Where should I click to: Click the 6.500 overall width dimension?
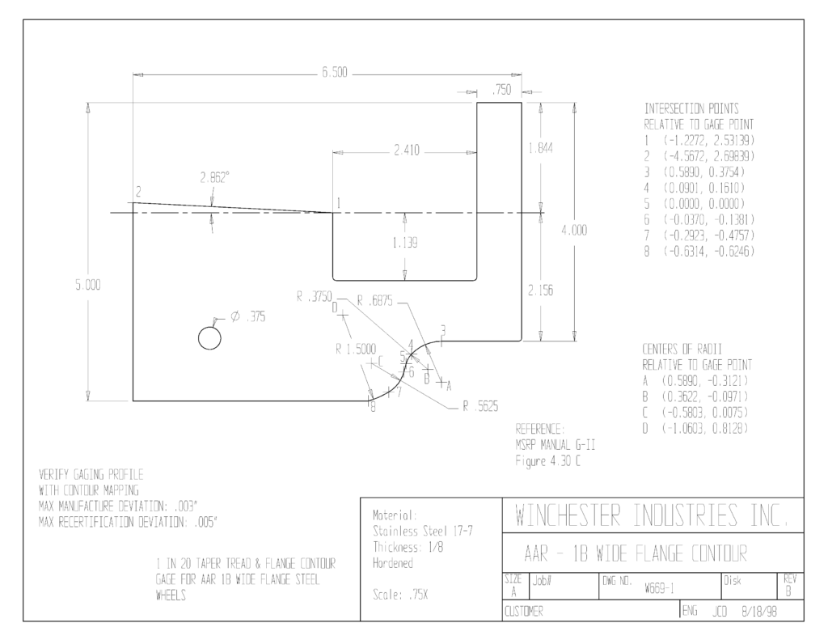(x=335, y=72)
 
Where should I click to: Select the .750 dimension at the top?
(x=501, y=90)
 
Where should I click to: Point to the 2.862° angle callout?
(x=214, y=177)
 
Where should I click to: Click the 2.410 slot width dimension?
(x=407, y=150)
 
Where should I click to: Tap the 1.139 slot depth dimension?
(x=405, y=243)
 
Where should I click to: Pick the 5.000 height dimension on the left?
(x=87, y=285)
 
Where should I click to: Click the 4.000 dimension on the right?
(x=574, y=230)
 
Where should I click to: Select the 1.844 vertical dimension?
(x=541, y=148)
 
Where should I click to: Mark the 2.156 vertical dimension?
(x=541, y=290)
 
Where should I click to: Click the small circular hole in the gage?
(x=209, y=338)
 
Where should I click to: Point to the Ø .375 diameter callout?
(x=248, y=316)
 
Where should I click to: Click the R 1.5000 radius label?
(x=356, y=349)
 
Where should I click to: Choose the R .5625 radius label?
(x=480, y=406)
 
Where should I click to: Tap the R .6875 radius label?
(x=375, y=301)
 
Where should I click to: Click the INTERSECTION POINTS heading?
(x=691, y=109)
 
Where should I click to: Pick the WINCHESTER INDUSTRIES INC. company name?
(x=652, y=516)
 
